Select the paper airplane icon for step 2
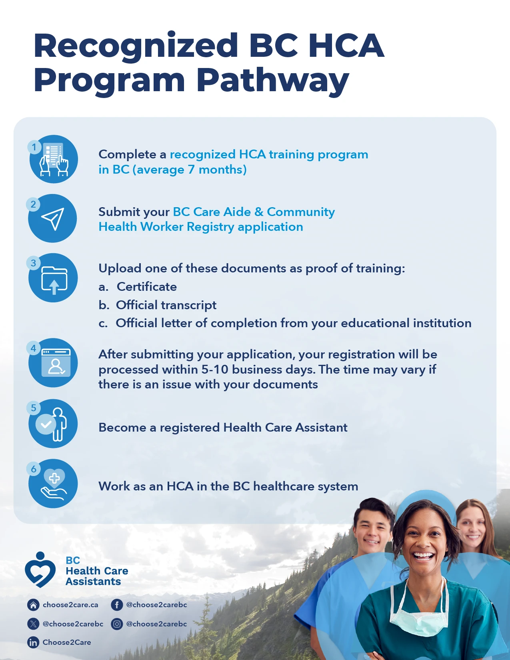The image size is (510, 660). coord(52,218)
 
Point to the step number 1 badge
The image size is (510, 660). coord(34,147)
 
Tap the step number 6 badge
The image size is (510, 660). coord(34,469)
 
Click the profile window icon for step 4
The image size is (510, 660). coord(56,363)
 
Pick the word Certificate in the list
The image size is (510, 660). coord(147,287)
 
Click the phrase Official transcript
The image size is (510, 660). coord(166,305)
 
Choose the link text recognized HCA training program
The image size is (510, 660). coord(269,154)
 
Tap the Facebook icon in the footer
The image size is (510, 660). coord(117,605)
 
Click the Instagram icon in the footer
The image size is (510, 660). coord(117,624)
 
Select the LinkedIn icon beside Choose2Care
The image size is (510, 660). coord(33,642)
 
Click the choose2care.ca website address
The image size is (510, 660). coord(70,605)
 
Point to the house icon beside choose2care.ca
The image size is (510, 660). coord(33,605)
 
